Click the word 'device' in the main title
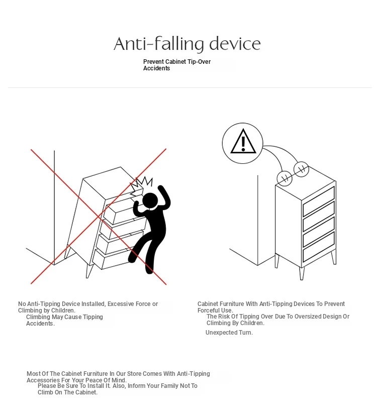(x=235, y=44)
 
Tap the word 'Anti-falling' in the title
(x=159, y=44)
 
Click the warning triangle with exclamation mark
(x=243, y=141)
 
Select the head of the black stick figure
(x=150, y=201)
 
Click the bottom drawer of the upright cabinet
(x=319, y=247)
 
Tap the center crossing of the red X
(x=99, y=216)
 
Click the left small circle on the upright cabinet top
(x=285, y=179)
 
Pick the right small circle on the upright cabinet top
(x=301, y=169)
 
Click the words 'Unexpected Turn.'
(x=229, y=333)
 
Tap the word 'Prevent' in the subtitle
(x=153, y=62)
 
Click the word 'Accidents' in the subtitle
(x=156, y=68)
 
